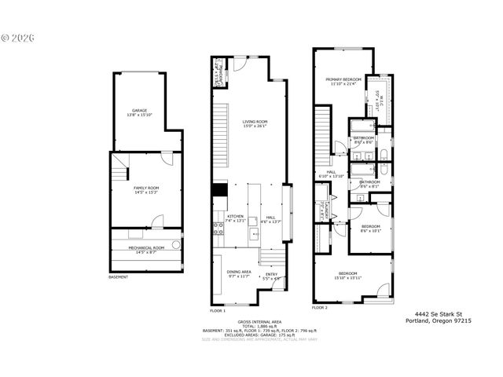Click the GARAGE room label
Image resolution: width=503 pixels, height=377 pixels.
coord(139,111)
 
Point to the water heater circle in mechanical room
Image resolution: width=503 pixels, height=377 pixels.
coord(176,244)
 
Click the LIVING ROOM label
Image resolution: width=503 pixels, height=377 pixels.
coord(255,122)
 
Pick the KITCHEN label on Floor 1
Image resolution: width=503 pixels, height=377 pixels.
coord(235,217)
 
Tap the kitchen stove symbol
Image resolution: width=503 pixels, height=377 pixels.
coord(217,229)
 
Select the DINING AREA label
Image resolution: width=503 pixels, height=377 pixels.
coord(238,272)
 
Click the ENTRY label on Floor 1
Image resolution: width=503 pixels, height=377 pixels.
coord(271,274)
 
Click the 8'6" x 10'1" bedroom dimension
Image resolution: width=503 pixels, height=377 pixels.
coord(369,231)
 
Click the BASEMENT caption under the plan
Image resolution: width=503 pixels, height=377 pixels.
coord(118,276)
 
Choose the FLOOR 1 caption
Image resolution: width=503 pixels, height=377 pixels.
coord(218,310)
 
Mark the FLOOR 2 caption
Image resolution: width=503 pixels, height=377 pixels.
coord(319,308)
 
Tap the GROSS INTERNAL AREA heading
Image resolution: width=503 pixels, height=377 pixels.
coord(256,323)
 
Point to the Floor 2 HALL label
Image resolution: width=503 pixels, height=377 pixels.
coord(330,172)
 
